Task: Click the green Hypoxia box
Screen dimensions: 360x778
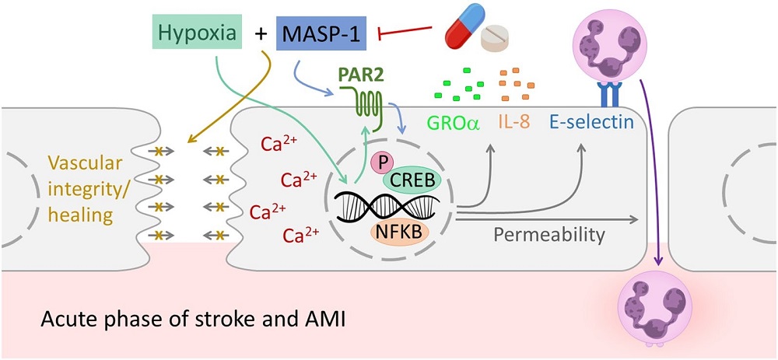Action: [x=187, y=33]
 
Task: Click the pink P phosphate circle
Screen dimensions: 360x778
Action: [x=380, y=161]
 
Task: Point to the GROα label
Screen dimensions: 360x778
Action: [x=451, y=122]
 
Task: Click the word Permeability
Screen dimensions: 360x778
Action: [x=552, y=232]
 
